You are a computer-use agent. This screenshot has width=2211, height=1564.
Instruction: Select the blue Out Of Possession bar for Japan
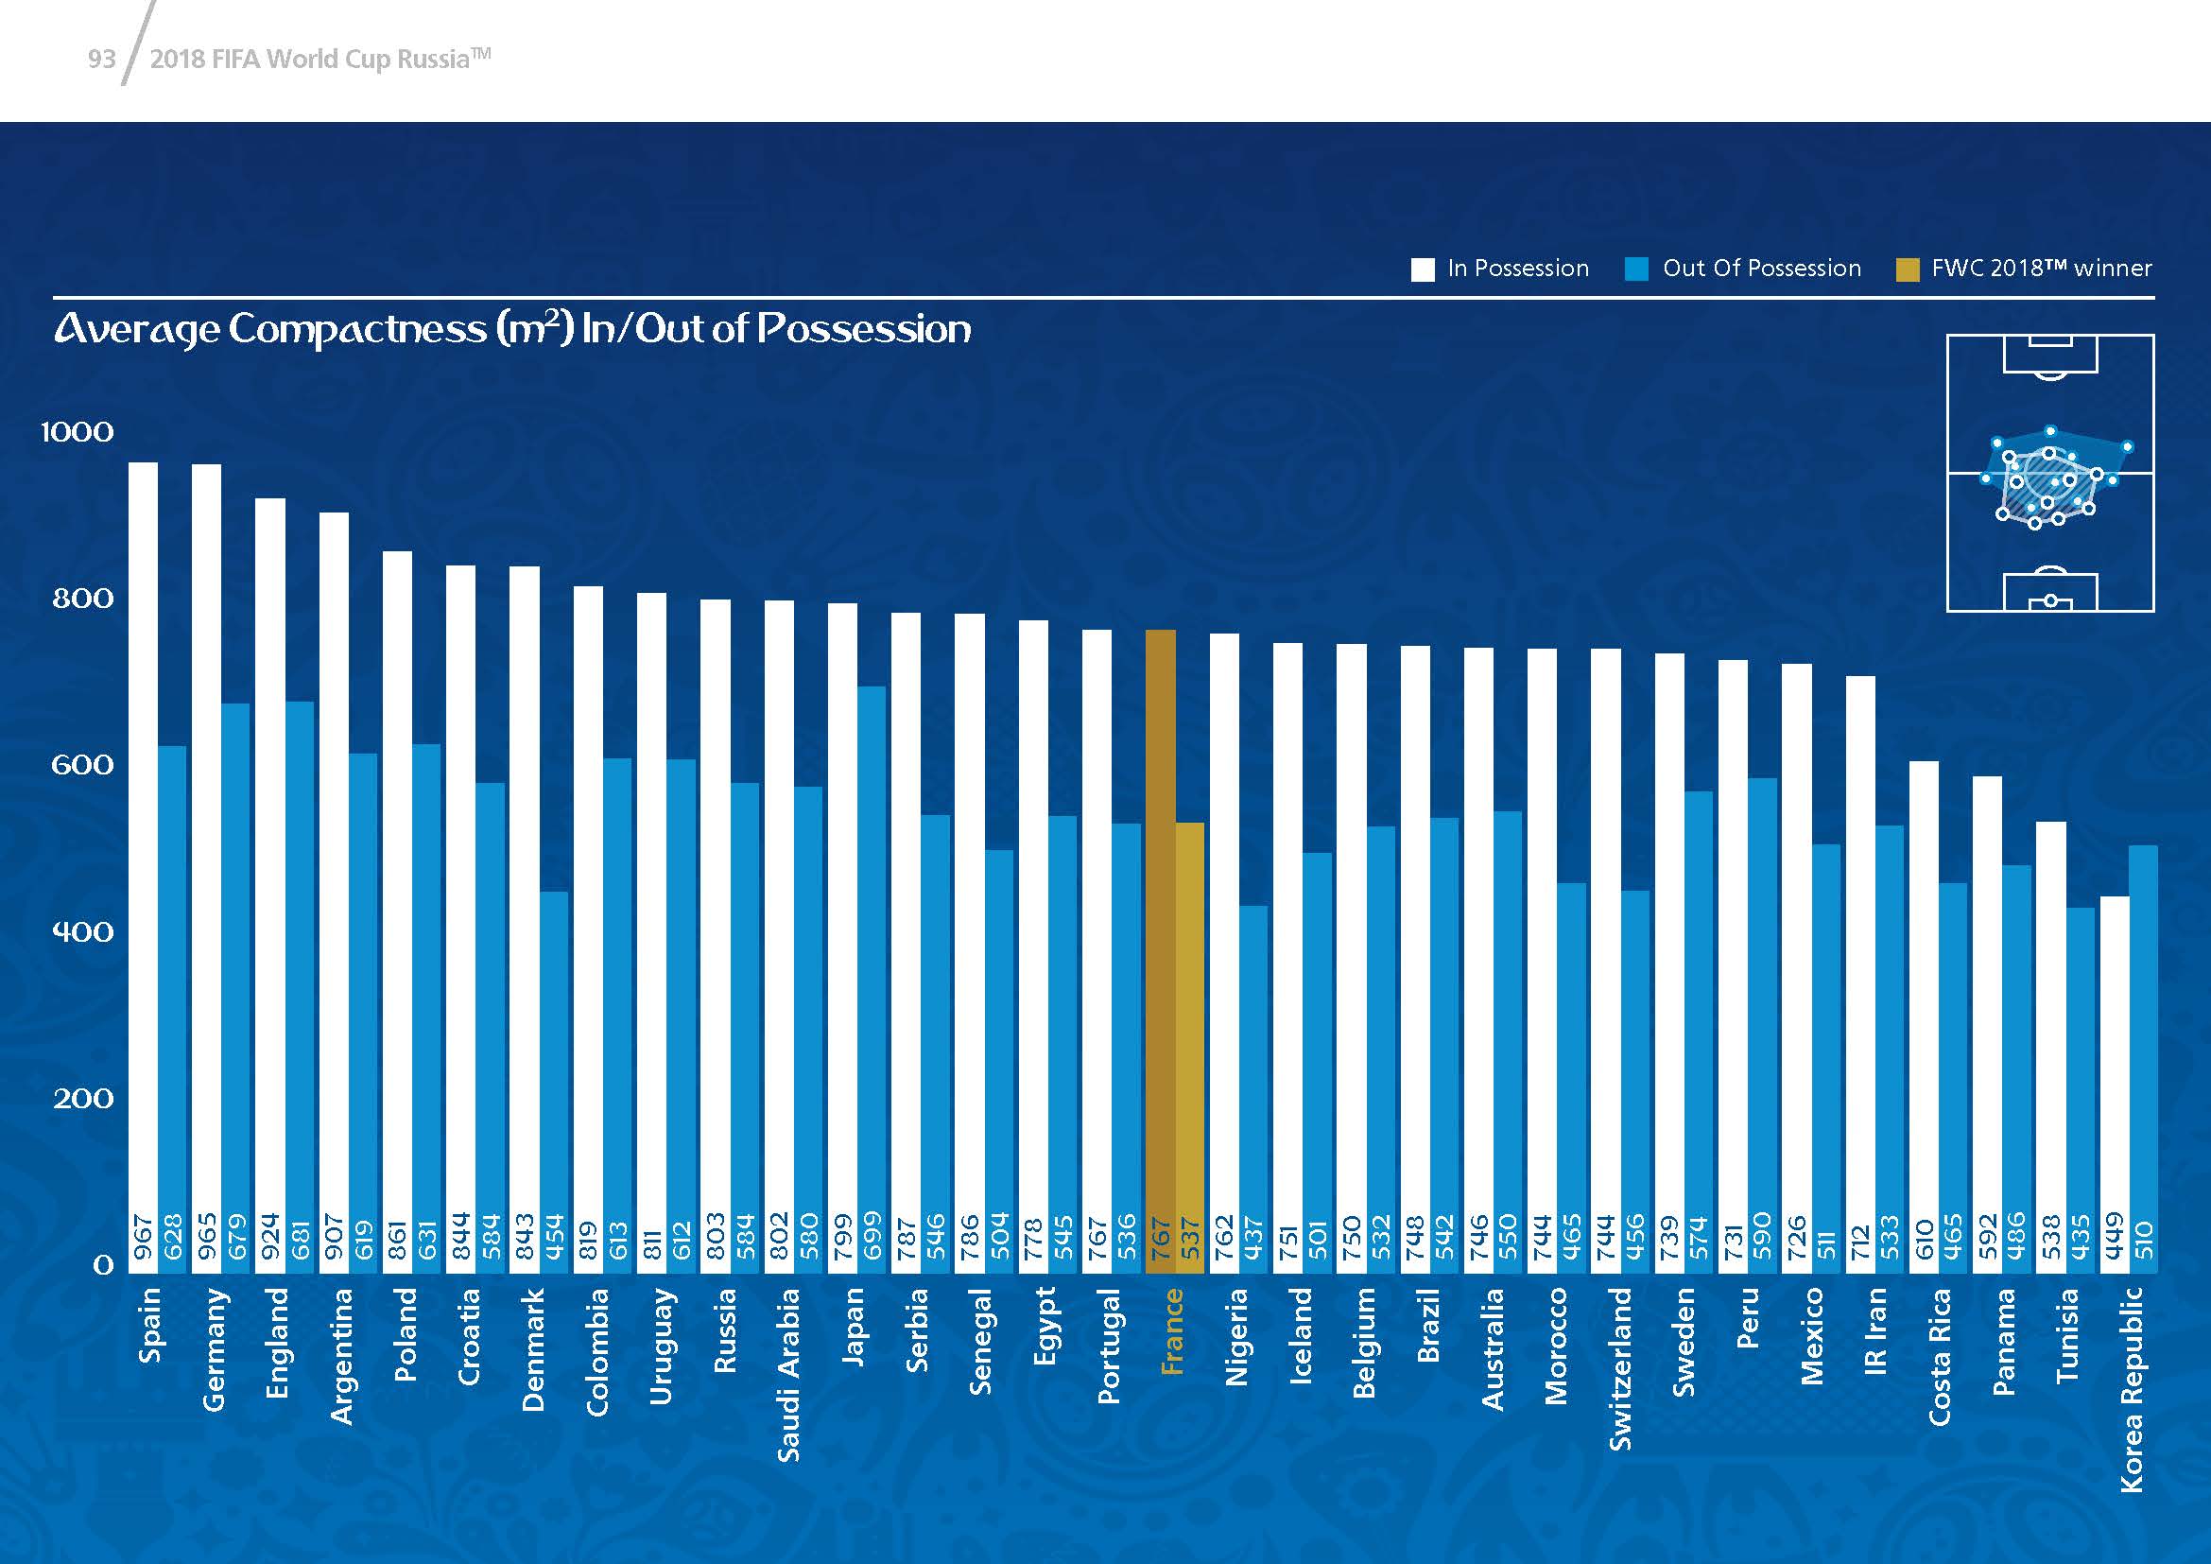872,963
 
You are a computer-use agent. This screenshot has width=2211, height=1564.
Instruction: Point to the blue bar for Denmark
554,1069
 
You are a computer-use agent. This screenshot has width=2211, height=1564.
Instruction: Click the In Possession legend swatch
1423,269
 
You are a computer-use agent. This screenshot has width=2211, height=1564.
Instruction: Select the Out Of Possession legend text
1761,269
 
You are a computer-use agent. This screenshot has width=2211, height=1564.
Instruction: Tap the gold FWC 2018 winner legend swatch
1907,269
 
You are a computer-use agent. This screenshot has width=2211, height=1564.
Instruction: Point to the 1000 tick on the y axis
77,431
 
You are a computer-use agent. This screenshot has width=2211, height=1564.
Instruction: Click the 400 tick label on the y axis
83,931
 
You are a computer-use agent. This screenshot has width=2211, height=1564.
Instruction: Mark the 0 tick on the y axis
103,1264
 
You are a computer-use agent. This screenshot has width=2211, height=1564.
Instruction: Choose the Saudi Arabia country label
788,1374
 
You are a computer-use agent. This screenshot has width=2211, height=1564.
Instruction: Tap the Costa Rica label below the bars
1939,1358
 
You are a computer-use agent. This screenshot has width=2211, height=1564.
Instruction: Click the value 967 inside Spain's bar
144,1238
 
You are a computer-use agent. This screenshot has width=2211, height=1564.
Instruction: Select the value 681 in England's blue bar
301,1238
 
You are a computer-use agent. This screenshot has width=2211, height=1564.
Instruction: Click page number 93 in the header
101,60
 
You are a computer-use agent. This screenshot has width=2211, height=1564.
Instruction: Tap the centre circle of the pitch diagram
2050,474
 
